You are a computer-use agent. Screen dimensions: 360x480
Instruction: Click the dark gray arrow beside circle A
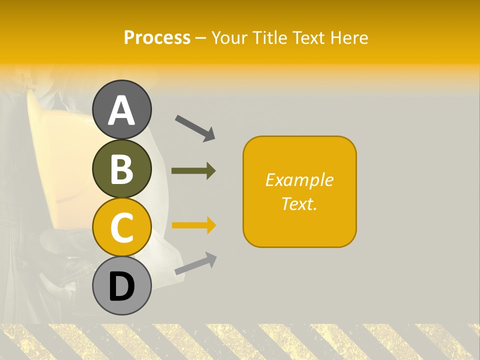tap(195, 127)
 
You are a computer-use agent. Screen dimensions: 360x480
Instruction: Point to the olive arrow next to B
tap(193, 171)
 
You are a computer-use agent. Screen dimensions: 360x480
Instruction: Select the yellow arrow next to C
tap(193, 225)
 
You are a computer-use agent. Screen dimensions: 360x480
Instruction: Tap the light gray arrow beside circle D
tap(195, 263)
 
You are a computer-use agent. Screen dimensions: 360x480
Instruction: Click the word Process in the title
tap(157, 38)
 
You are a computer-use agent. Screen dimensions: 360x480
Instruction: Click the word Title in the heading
tap(270, 38)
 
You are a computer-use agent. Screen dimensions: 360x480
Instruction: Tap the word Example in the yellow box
tap(299, 180)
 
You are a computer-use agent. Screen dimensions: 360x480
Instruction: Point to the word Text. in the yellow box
tap(299, 203)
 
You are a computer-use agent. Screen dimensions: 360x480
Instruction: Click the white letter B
tap(122, 169)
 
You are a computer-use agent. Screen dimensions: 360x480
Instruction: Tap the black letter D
tap(122, 287)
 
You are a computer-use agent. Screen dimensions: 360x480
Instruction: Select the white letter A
tap(122, 110)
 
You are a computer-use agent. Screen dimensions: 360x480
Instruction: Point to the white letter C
tap(122, 228)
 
